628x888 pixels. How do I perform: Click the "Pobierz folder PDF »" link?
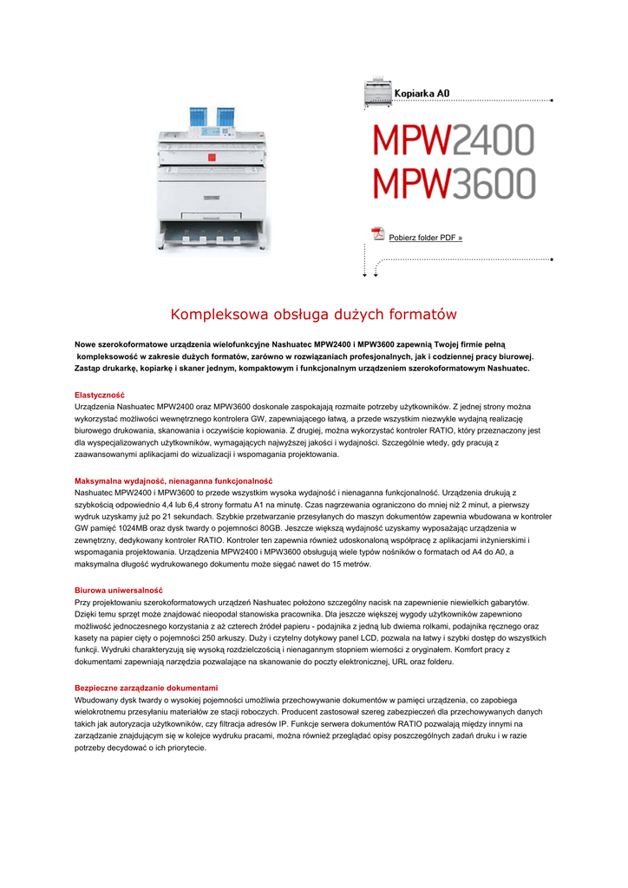[x=425, y=238]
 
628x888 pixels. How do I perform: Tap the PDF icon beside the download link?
[x=377, y=233]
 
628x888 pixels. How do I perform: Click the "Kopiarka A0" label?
[x=422, y=93]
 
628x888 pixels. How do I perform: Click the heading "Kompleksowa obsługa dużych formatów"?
[x=313, y=314]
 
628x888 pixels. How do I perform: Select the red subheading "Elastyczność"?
[x=100, y=395]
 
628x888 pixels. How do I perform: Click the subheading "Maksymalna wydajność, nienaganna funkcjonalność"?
[x=173, y=480]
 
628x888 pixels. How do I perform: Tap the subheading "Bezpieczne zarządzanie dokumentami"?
[x=147, y=688]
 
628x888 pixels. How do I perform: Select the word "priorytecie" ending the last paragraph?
[x=186, y=747]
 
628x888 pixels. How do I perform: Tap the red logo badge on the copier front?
[x=206, y=159]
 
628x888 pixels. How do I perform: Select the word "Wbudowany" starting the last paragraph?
[x=98, y=699]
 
